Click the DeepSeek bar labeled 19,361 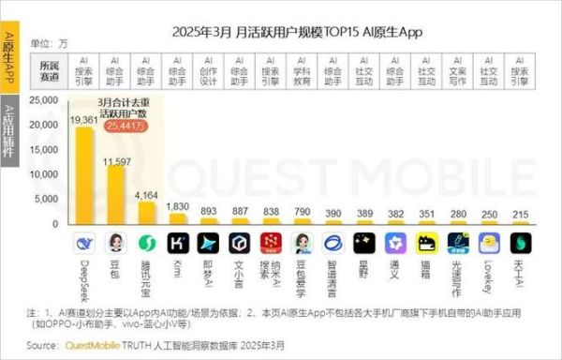pos(84,177)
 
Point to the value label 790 pos(302,213)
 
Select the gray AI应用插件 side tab pos(8,131)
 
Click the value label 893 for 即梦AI pos(209,212)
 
